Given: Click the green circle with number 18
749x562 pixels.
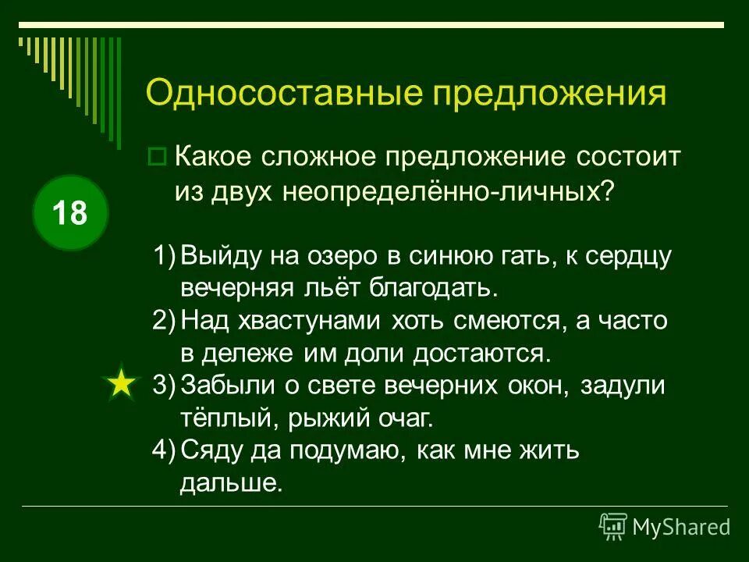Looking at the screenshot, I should click(70, 212).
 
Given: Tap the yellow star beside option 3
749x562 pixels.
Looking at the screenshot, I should click(121, 385).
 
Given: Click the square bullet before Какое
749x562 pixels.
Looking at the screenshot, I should click(157, 157).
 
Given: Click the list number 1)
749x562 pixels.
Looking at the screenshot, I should click(165, 256).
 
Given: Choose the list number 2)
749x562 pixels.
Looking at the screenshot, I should click(165, 321).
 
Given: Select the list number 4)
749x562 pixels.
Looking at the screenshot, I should click(165, 450).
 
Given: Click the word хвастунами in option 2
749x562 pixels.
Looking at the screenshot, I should click(305, 321).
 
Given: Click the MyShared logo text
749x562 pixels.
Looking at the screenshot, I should click(680, 527).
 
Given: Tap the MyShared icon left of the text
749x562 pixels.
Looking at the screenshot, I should click(613, 527).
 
